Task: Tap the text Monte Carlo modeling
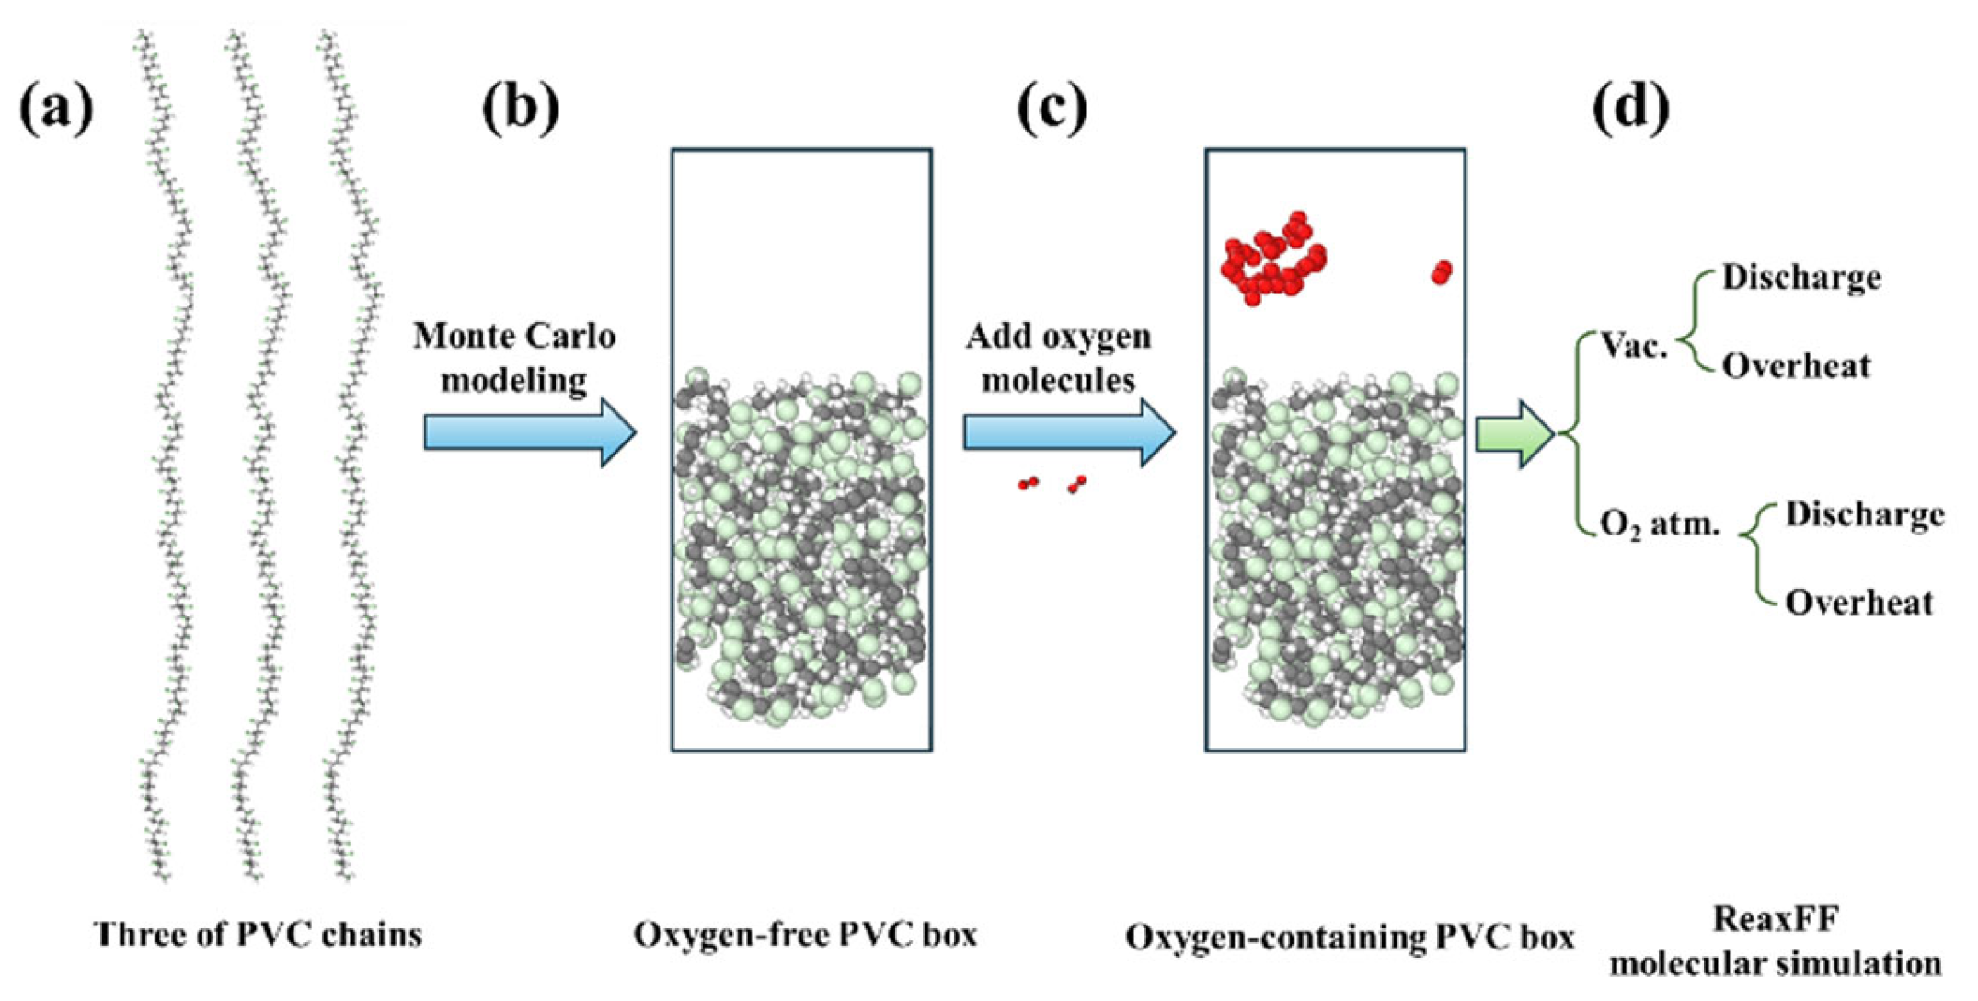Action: point(514,358)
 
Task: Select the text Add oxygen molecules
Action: point(1058,358)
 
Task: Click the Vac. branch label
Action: point(1634,346)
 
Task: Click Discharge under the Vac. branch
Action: point(1801,278)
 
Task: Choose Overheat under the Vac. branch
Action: point(1796,366)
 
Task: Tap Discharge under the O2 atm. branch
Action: point(1865,514)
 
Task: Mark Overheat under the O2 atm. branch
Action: point(1858,603)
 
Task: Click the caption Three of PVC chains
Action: point(259,935)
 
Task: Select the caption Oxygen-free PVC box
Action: point(805,935)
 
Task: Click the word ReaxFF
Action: point(1776,919)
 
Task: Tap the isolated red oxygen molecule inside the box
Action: point(1442,272)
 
